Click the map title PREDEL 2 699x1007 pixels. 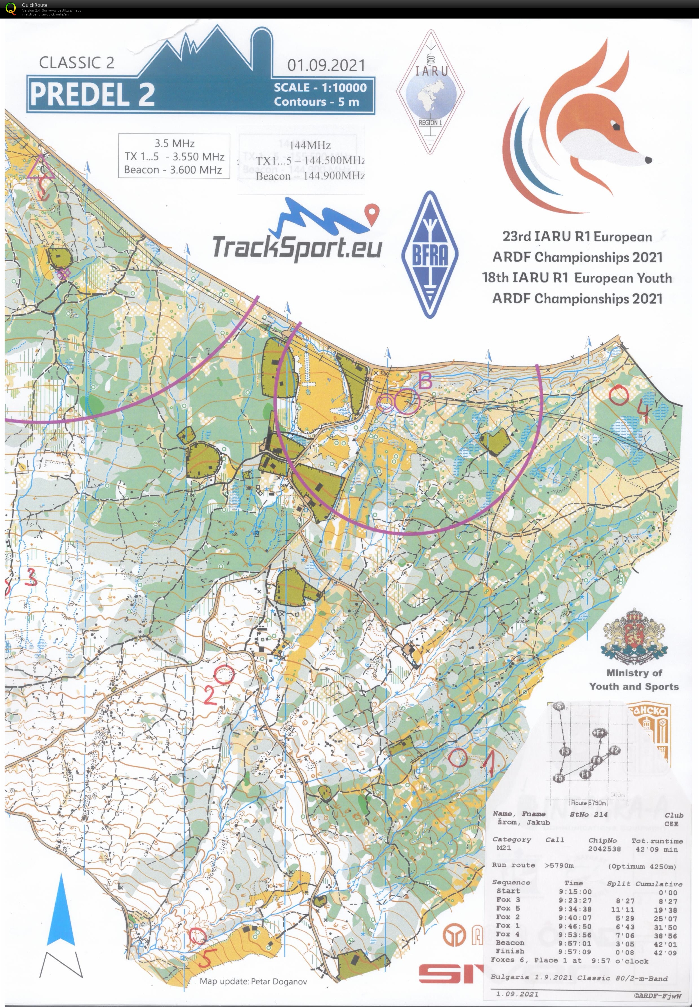click(x=92, y=94)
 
